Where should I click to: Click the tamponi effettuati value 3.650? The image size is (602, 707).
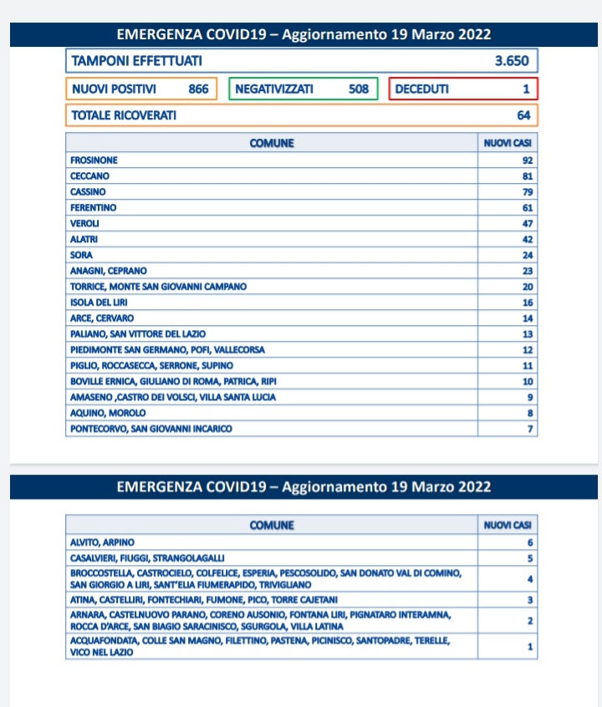511,61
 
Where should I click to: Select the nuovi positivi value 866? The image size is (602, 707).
199,89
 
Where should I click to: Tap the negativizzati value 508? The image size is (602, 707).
359,89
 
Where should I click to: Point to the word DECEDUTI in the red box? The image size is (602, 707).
421,89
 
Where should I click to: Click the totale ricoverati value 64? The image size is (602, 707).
524,115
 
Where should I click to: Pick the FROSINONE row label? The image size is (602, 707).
94,160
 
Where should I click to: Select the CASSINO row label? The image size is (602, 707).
88,192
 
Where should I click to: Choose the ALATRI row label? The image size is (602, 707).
84,239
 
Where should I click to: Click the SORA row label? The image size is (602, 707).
82,255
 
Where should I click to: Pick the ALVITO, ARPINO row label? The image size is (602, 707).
102,542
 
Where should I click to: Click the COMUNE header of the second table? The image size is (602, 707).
272,526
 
